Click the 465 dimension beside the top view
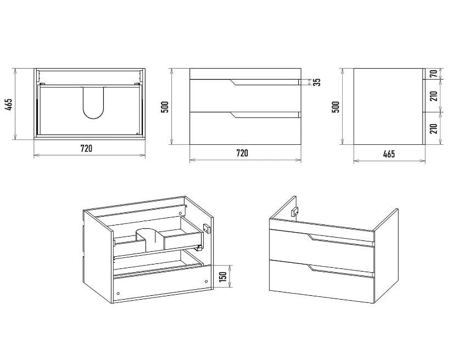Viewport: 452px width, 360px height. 9,105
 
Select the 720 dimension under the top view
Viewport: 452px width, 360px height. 86,149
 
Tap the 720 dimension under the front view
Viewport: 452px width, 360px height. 242,153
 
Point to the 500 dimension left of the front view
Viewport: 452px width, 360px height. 165,106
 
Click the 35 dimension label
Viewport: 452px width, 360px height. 317,82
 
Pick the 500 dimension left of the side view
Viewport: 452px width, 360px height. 336,106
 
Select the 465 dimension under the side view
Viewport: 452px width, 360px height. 389,154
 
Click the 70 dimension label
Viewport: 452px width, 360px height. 434,74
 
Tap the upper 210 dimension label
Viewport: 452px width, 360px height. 434,95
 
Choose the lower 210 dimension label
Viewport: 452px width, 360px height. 434,128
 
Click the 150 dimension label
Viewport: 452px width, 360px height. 223,277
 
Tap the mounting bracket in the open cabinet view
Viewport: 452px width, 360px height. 207,229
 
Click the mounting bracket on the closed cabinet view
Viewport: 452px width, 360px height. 295,212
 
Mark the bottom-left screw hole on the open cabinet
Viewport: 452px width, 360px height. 119,294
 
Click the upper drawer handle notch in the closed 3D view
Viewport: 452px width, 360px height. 311,237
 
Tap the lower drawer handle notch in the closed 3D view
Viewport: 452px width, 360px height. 311,268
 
